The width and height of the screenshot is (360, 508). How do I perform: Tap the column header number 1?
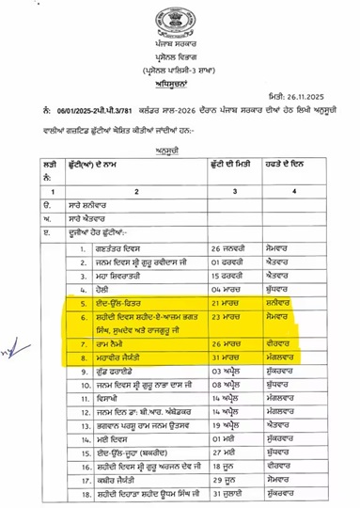pyautogui.click(x=49, y=191)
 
